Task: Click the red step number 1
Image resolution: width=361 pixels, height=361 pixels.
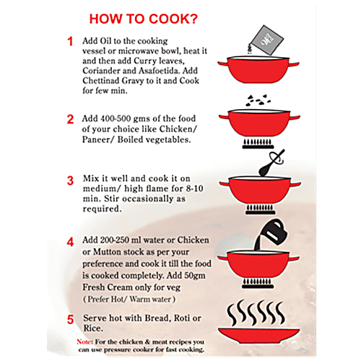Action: point(70,42)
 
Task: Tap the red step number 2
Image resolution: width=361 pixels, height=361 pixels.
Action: point(70,119)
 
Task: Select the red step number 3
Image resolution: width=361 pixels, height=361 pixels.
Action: point(70,180)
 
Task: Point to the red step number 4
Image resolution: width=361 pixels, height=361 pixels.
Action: point(70,242)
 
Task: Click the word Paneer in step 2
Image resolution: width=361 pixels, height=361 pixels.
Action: point(106,140)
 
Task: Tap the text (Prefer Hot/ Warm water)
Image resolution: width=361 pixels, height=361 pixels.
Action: point(130,298)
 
